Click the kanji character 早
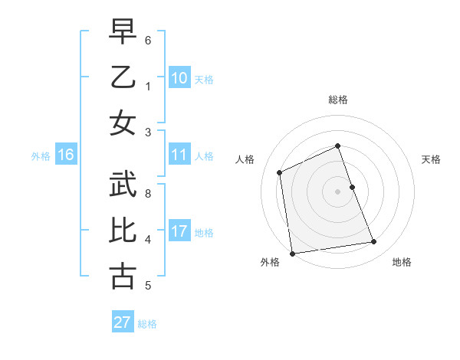point(123,34)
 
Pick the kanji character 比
point(123,231)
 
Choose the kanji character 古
point(123,275)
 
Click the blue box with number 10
point(179,77)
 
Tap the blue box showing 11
point(179,155)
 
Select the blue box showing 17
point(179,231)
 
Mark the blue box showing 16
point(66,155)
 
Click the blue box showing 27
point(123,322)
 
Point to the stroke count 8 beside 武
point(149,193)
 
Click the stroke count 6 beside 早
point(149,40)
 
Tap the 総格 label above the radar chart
point(337,100)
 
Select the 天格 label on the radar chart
point(431,159)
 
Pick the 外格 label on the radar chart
point(269,263)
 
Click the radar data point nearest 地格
point(374,242)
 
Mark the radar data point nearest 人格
point(280,172)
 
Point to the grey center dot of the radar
point(337,191)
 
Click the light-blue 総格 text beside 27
point(147,324)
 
